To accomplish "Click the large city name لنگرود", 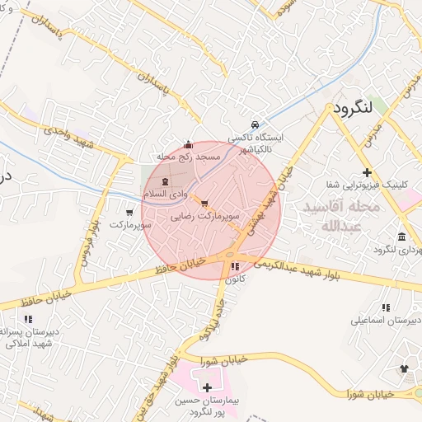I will (x=363, y=108).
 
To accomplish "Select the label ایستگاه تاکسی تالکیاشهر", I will (x=256, y=141).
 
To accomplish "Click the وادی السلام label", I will (x=162, y=193).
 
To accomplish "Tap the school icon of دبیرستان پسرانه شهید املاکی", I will (x=29, y=319).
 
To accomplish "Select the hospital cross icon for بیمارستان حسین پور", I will (x=207, y=387).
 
